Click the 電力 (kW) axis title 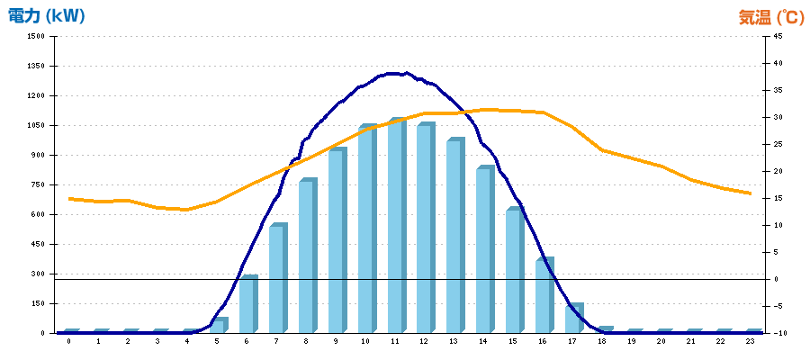click(47, 16)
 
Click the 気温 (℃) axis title click(771, 16)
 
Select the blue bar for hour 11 click(396, 226)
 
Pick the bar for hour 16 click(544, 296)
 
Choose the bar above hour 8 click(307, 256)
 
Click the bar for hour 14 click(484, 250)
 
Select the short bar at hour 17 click(573, 319)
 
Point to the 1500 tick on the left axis click(35, 37)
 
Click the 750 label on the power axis click(38, 184)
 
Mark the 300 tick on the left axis click(38, 274)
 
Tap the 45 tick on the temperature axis click(777, 37)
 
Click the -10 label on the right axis click(775, 333)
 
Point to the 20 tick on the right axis click(777, 171)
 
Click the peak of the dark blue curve click(396, 73)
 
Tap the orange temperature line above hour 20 click(661, 166)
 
